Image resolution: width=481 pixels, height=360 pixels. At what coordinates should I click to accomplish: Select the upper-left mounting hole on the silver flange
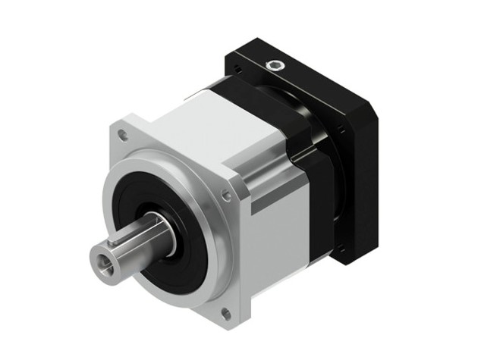coord(124,136)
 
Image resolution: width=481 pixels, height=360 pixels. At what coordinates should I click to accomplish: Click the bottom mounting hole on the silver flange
coord(225,311)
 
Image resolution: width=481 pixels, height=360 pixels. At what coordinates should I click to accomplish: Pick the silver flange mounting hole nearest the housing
coord(226,196)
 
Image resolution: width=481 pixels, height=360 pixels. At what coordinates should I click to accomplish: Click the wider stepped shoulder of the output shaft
coord(156,231)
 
